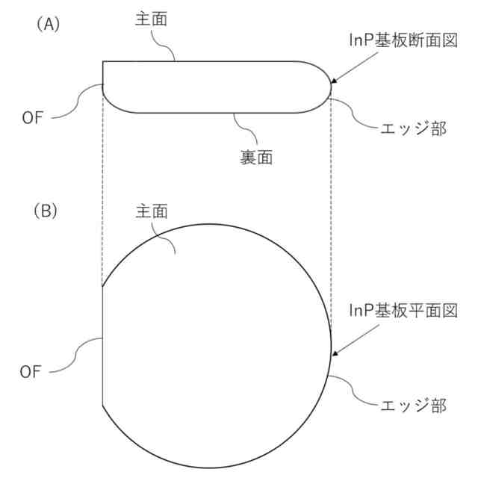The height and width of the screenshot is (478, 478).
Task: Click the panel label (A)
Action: coord(47,24)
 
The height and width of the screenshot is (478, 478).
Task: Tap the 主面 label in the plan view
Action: coord(151,211)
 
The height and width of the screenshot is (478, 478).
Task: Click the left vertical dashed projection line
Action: coord(102,187)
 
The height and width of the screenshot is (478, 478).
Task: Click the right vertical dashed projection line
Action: coord(330,187)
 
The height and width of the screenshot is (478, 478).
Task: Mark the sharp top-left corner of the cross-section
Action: coord(103,61)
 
